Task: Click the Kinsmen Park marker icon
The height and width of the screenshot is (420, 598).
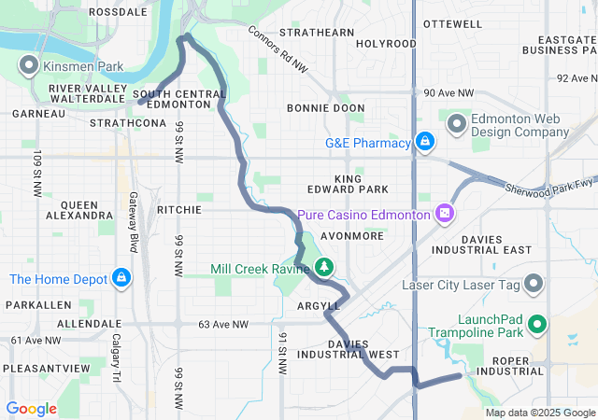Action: [28, 66]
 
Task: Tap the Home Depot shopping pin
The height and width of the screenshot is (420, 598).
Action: [121, 277]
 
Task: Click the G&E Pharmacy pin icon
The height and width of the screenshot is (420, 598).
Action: [425, 142]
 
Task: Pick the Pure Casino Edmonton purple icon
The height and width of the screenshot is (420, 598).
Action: [446, 215]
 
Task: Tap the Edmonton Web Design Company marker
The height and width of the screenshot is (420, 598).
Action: [457, 122]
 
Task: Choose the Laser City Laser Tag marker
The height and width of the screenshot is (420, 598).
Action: [534, 282]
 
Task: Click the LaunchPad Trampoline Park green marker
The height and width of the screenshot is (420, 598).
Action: [537, 325]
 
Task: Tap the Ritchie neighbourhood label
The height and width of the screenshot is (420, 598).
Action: [179, 210]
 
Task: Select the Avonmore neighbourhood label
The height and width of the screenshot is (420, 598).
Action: [352, 236]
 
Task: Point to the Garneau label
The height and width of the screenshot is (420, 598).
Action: [38, 113]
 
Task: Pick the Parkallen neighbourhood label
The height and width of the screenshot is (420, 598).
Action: [34, 305]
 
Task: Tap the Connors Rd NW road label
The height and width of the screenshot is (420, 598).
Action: [278, 49]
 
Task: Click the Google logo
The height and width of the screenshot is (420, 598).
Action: [31, 408]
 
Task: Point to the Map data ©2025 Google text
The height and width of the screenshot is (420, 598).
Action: [539, 413]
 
